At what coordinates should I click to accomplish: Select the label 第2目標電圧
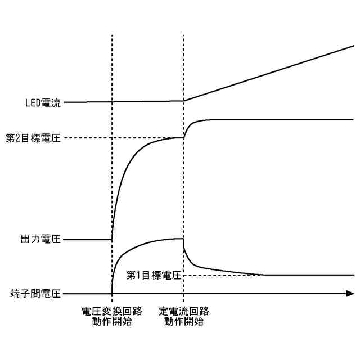pos(33,138)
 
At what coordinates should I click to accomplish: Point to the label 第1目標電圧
pos(154,275)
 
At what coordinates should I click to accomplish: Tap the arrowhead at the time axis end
pos(350,294)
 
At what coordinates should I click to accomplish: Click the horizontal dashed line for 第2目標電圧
pos(124,138)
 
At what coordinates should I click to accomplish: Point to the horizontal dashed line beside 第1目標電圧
pos(225,275)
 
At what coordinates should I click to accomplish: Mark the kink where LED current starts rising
pos(184,101)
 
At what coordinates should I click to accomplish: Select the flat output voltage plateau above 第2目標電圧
pos(281,120)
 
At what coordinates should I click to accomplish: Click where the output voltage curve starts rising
pos(112,239)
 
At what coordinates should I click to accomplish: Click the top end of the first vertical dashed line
pos(112,35)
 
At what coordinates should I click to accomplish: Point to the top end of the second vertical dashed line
pos(184,35)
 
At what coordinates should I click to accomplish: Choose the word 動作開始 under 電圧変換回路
pos(111,322)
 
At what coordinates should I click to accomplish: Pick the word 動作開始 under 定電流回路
pos(184,322)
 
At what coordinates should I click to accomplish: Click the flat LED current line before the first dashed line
pos(90,102)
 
